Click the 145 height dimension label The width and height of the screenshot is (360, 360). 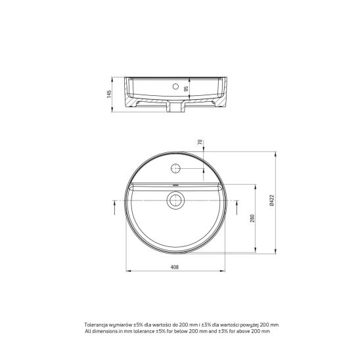[x=109, y=94]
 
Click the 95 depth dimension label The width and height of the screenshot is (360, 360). [x=186, y=89]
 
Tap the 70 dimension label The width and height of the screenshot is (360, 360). [x=200, y=142]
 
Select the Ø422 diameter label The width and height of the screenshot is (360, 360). [x=272, y=200]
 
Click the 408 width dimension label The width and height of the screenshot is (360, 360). [x=175, y=267]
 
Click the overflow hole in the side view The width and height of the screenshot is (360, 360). [x=175, y=86]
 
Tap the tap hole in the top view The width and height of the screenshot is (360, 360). [x=175, y=168]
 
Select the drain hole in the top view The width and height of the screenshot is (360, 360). [x=175, y=200]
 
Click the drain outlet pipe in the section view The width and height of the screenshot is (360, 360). [x=175, y=107]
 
